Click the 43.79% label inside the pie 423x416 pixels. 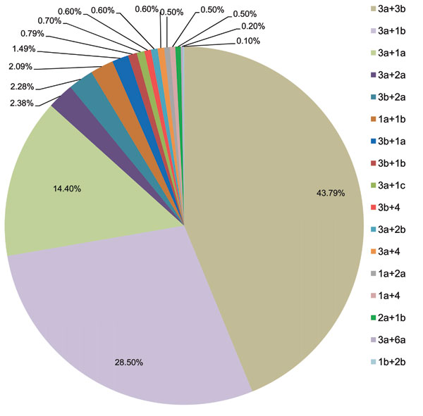(330, 193)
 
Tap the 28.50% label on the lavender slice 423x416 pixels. (129, 362)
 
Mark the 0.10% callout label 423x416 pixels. (247, 42)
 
